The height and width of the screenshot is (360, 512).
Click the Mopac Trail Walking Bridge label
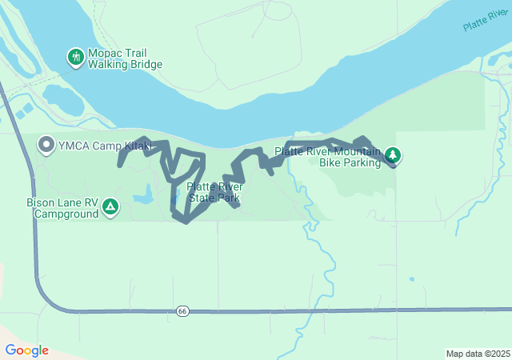pyautogui.click(x=125, y=58)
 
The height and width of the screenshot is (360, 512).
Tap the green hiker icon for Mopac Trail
pyautogui.click(x=75, y=58)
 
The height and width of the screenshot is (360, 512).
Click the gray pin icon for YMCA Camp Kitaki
pyautogui.click(x=46, y=145)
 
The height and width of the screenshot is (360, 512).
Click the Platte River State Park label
pyautogui.click(x=214, y=192)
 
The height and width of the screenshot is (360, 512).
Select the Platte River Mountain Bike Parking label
pyautogui.click(x=328, y=156)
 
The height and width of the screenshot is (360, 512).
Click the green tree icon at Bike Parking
pyautogui.click(x=392, y=154)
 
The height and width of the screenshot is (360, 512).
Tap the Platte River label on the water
pyautogui.click(x=485, y=22)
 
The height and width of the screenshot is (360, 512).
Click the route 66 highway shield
pyautogui.click(x=182, y=310)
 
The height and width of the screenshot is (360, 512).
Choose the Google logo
pyautogui.click(x=26, y=350)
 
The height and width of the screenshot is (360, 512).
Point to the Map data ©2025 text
pyautogui.click(x=477, y=354)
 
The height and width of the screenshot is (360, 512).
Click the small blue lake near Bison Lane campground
pyautogui.click(x=143, y=194)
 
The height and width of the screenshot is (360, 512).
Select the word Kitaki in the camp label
pyautogui.click(x=135, y=146)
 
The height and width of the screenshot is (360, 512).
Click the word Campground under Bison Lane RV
pyautogui.click(x=66, y=214)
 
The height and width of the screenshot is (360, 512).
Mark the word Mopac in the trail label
pyautogui.click(x=104, y=53)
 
